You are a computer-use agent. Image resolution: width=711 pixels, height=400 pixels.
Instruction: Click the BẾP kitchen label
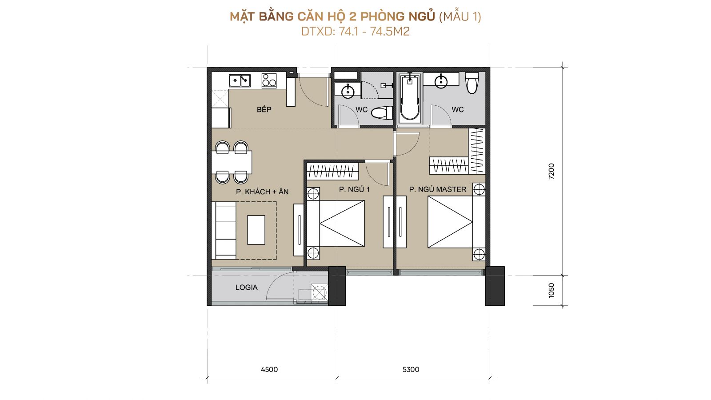[264, 109]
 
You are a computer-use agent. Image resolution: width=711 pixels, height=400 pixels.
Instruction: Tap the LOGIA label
[246, 288]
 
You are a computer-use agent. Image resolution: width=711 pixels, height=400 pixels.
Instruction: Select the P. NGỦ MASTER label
[438, 189]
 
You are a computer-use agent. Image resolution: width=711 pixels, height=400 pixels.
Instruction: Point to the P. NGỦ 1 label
[354, 189]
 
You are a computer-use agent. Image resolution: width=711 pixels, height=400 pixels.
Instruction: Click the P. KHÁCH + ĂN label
[262, 192]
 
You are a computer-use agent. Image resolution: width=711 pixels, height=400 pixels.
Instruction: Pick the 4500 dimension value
[269, 369]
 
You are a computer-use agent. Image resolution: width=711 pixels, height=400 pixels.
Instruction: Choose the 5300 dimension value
[411, 369]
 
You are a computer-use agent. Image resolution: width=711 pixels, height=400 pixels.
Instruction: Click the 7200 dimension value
[551, 172]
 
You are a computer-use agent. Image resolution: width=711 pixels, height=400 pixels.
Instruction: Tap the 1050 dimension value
[551, 290]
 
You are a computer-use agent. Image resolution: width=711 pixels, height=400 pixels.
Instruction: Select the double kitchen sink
[240, 80]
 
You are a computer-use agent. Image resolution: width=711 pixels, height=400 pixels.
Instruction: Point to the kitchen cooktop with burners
[269, 80]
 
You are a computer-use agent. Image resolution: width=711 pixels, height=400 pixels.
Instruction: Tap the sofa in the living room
[224, 231]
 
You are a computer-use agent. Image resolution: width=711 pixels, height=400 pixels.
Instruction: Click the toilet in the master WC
[472, 83]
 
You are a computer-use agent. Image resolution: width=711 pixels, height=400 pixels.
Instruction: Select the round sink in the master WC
[441, 82]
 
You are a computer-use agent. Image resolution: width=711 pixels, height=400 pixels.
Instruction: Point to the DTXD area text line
[355, 32]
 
